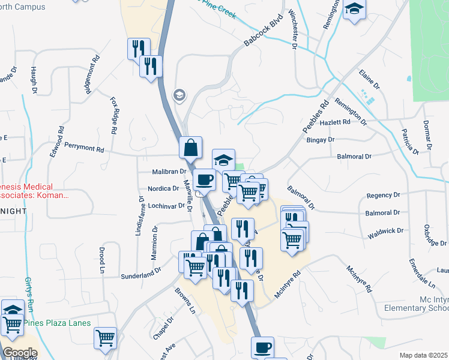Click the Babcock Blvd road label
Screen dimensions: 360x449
(264, 32)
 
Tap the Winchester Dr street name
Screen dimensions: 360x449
(293, 28)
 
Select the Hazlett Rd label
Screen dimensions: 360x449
(352, 122)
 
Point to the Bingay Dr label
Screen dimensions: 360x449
(319, 140)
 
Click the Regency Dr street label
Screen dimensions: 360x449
(383, 196)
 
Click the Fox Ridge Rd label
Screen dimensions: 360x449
(114, 115)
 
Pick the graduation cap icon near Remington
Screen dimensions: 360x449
(354, 10)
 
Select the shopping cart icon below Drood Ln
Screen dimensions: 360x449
(105, 338)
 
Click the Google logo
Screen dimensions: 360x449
(20, 352)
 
